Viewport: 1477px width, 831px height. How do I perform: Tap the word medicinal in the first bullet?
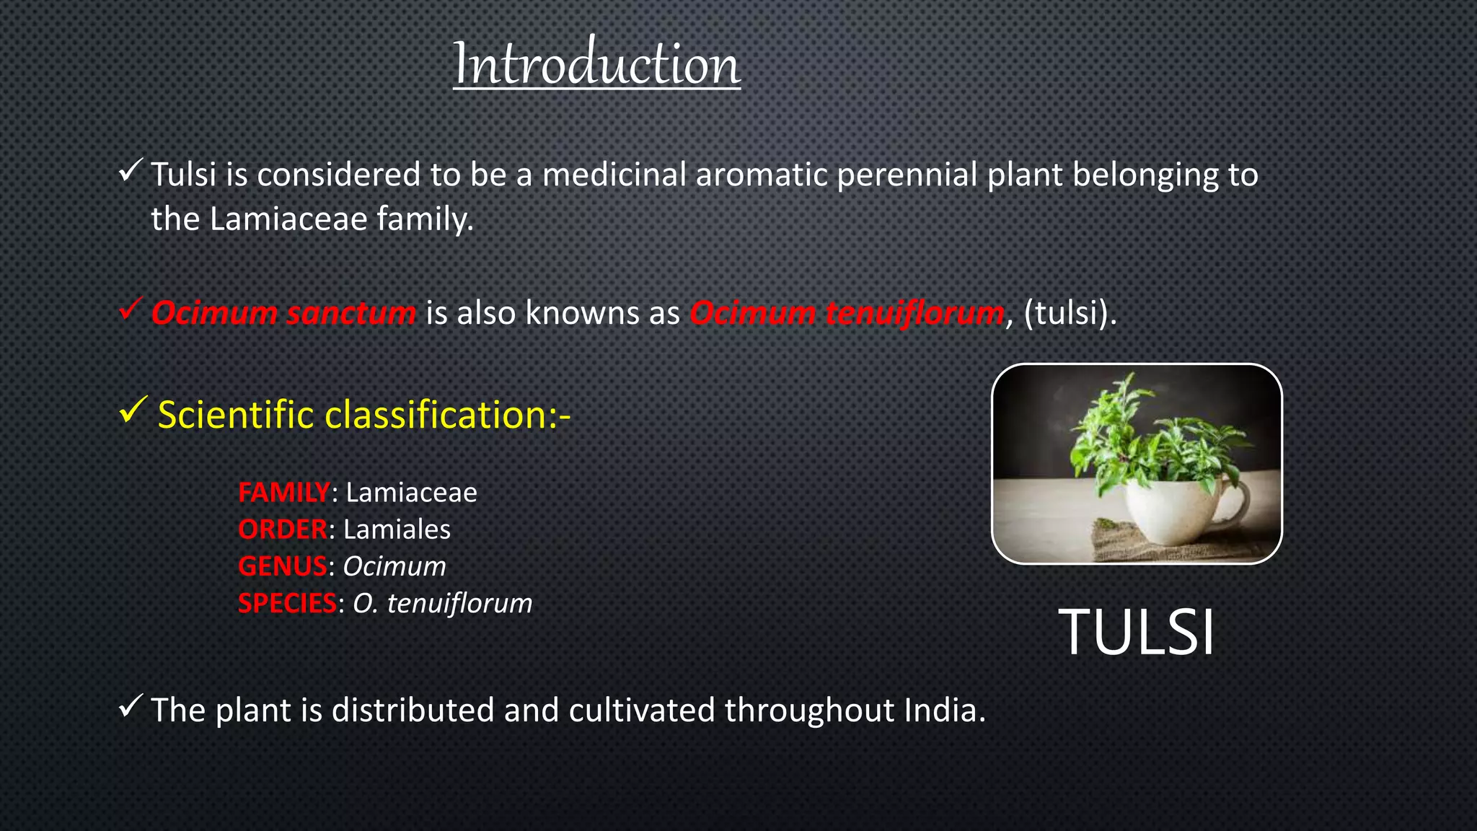coord(614,175)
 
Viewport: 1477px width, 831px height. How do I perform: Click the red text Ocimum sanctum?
coord(283,313)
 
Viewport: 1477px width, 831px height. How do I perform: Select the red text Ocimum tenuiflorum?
coord(847,313)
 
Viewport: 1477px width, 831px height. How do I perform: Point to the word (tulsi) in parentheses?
coord(1069,313)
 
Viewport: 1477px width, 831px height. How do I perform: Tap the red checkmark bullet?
coord(131,310)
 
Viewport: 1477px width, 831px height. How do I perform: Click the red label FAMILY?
coord(283,493)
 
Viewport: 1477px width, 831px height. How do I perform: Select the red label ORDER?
coord(283,529)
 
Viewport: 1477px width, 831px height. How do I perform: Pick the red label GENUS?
coord(282,566)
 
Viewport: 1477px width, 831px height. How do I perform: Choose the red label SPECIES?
coord(287,603)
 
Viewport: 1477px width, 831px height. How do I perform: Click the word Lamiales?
coord(397,529)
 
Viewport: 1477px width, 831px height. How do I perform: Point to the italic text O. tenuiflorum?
coord(442,603)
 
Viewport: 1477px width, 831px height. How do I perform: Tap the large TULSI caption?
coord(1136,633)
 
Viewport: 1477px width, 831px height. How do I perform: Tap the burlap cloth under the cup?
coord(1125,545)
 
